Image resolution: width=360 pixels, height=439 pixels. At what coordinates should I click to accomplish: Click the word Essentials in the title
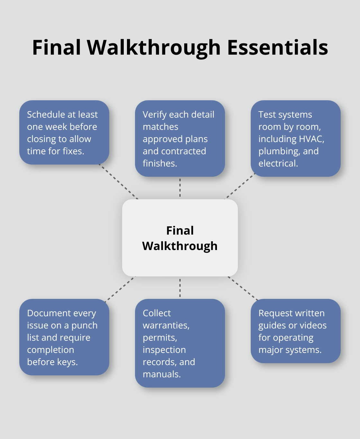(x=277, y=48)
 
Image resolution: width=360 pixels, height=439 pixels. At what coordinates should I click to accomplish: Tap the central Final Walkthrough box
(x=180, y=238)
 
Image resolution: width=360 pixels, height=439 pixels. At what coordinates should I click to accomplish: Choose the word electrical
(x=278, y=163)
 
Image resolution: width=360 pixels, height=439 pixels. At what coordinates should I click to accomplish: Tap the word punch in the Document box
(x=84, y=325)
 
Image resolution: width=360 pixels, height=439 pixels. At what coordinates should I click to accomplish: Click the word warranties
(x=166, y=325)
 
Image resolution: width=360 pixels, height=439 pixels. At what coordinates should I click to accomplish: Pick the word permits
(x=160, y=338)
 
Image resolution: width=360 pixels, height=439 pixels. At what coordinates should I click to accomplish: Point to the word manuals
(x=162, y=374)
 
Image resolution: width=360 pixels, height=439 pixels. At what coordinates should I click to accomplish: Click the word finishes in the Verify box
(x=160, y=163)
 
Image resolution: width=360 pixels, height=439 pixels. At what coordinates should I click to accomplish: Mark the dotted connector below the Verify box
(x=180, y=188)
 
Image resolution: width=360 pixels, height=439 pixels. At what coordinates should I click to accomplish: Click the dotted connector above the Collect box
(x=180, y=288)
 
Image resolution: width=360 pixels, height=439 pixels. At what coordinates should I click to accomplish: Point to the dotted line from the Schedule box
(x=118, y=182)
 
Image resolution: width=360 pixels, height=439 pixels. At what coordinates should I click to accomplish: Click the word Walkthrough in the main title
(x=154, y=48)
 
